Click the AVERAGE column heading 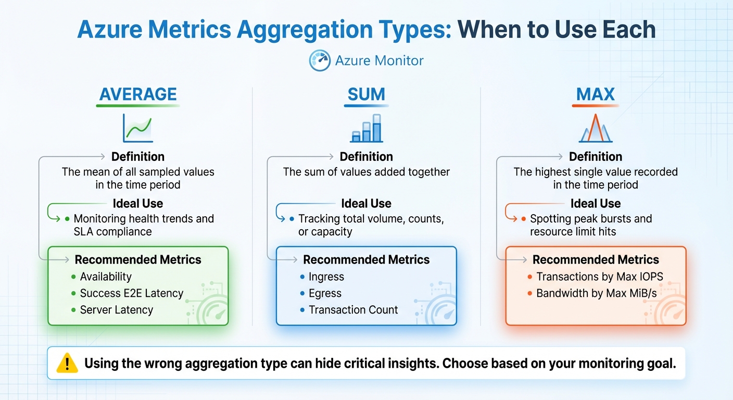tap(138, 94)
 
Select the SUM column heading tap(366, 94)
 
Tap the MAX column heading tap(595, 94)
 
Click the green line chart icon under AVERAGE tap(138, 128)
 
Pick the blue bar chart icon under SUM tap(366, 128)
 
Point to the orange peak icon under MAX tap(595, 128)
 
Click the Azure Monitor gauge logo tap(320, 61)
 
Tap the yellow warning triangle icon tap(66, 363)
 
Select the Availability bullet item tap(105, 277)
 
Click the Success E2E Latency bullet tap(131, 293)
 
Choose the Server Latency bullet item tap(116, 310)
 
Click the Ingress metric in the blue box tap(326, 277)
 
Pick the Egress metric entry tap(325, 293)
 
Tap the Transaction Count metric tap(353, 310)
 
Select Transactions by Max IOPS tap(599, 277)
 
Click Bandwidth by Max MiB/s tap(596, 293)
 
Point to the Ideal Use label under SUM tap(366, 204)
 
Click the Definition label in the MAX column tap(596, 157)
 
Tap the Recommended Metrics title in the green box tap(138, 260)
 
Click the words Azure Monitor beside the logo tap(379, 61)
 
